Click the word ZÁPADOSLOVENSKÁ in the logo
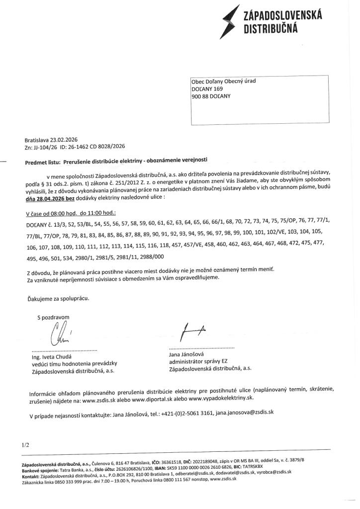[x=282, y=16]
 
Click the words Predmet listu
[x=42, y=162]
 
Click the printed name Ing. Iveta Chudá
[x=51, y=357]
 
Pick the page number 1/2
[x=26, y=445]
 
